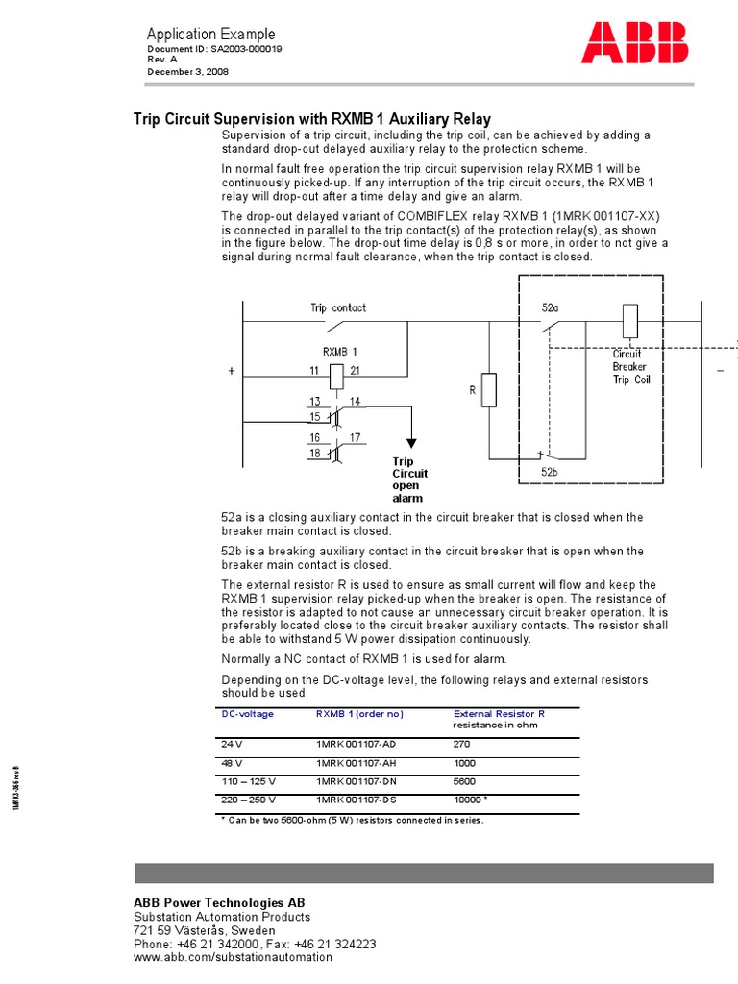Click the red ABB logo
635,43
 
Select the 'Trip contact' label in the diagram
337,308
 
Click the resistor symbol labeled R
488,390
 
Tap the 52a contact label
550,308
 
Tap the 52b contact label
550,472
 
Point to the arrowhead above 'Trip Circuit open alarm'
411,442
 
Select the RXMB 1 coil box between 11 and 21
336,377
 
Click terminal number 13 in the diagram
315,401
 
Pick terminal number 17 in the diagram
355,437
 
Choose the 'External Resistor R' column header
499,714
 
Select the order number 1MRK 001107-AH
356,762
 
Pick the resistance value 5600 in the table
464,781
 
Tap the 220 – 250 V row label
249,799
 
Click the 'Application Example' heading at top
210,34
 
